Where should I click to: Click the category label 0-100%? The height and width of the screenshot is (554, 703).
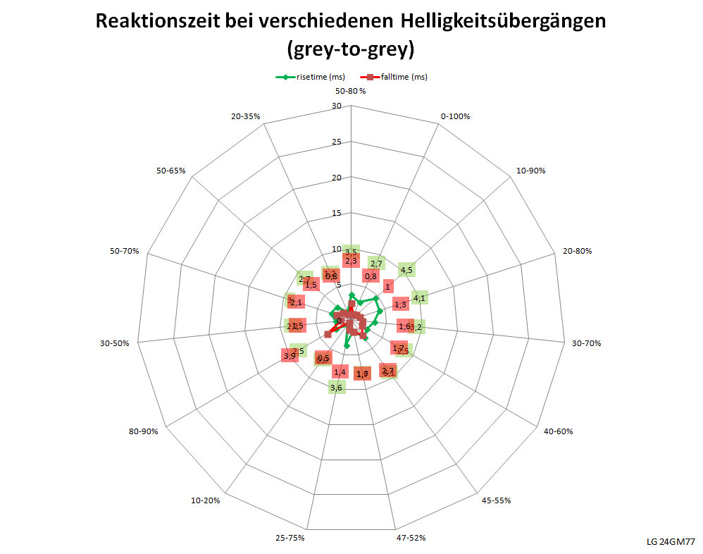[455, 116]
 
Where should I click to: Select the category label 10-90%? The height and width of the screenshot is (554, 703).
[530, 171]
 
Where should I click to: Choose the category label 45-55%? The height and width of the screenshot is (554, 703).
[497, 500]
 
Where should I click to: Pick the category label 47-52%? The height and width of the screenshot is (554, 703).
[411, 538]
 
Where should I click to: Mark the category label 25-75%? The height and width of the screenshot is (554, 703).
[290, 538]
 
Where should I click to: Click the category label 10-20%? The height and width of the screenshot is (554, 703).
[205, 500]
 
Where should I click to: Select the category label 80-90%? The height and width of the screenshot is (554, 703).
[143, 431]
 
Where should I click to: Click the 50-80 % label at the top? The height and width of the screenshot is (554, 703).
[351, 91]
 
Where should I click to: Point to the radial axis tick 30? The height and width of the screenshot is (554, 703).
[336, 106]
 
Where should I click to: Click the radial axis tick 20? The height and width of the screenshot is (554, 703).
[336, 178]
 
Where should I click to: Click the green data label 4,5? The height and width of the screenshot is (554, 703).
[406, 269]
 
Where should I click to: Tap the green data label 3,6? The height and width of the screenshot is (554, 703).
[337, 387]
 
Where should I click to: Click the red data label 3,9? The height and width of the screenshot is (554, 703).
[290, 356]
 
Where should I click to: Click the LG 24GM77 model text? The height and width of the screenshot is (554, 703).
[671, 542]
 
